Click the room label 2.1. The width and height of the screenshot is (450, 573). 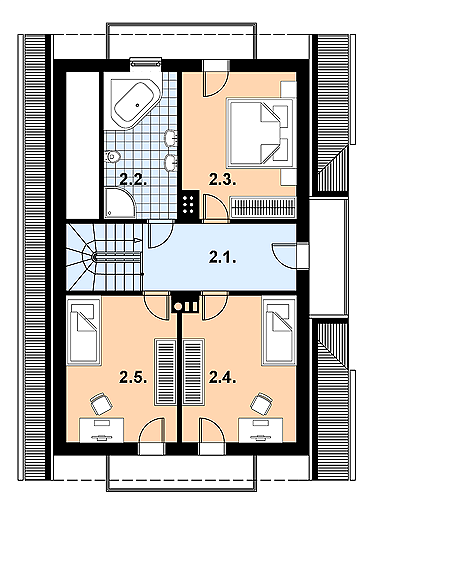(x=223, y=258)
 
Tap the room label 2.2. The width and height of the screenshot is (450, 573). (x=133, y=179)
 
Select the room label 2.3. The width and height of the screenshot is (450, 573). (x=223, y=179)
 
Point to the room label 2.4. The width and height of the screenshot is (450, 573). (x=223, y=378)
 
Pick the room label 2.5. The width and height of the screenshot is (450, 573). (x=133, y=378)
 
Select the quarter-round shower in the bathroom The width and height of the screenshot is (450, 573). (x=119, y=203)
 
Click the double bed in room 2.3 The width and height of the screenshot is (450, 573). (x=260, y=132)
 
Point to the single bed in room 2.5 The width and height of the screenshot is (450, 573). (x=84, y=331)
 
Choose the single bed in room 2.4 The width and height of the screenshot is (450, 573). (x=279, y=331)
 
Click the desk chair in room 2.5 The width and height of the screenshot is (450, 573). (x=101, y=403)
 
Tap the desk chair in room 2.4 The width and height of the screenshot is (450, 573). (x=262, y=403)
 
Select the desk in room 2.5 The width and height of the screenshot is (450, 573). (x=102, y=430)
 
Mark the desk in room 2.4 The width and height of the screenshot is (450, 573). (x=260, y=430)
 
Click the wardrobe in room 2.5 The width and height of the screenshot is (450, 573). (x=166, y=372)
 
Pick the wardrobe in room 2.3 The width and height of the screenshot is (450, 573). (x=263, y=207)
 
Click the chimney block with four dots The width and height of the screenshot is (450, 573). (x=189, y=205)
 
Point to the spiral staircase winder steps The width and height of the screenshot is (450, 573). (x=81, y=257)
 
